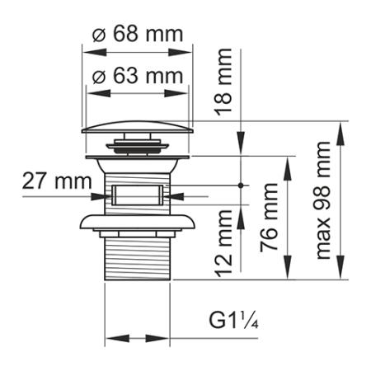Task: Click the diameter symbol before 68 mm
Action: pyautogui.click(x=98, y=35)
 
